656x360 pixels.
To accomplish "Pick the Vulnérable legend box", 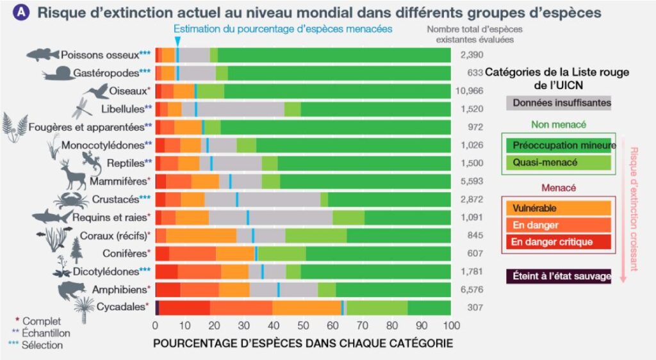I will point(558,208).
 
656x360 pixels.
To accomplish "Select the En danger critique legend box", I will point(558,241).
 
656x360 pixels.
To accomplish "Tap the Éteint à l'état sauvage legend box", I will point(558,277).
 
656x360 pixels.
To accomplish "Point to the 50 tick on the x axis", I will point(302,325).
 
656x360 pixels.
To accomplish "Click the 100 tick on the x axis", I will point(450,325).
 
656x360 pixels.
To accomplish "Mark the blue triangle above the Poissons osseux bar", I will point(177,41).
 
